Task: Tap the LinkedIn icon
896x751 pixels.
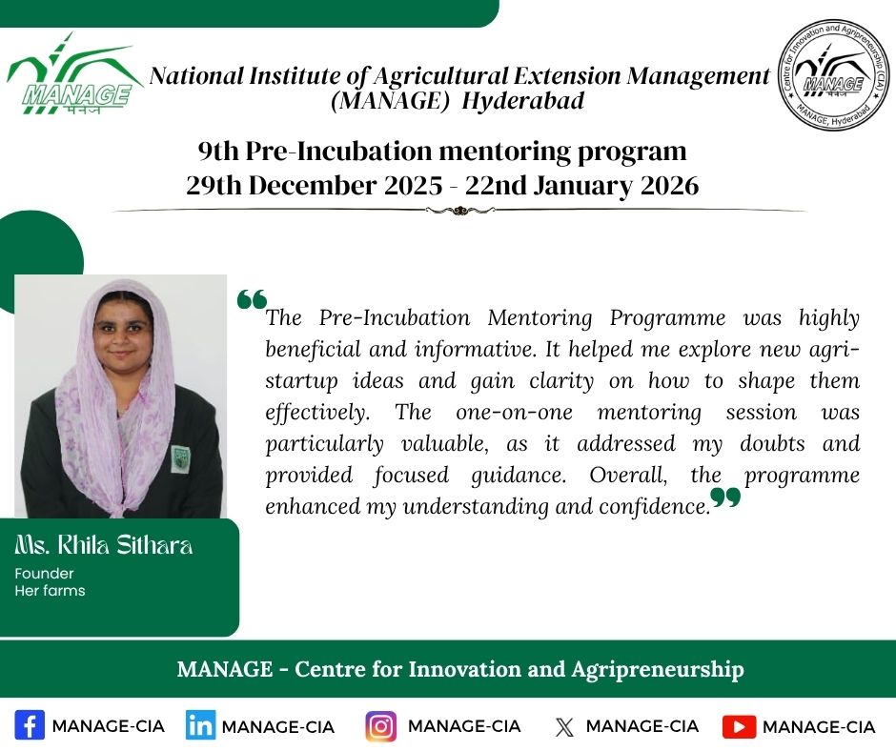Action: (x=200, y=725)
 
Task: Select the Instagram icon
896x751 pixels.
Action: (x=380, y=726)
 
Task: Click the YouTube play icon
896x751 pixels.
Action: (x=739, y=726)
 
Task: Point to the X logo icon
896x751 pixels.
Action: (x=564, y=727)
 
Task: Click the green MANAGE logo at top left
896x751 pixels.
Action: (x=73, y=73)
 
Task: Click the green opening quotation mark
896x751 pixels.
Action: (x=252, y=299)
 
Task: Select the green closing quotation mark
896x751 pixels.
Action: (x=725, y=497)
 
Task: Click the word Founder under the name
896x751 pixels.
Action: (x=44, y=573)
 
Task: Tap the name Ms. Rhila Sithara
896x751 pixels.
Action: (x=104, y=545)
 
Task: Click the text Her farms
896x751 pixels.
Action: (x=50, y=590)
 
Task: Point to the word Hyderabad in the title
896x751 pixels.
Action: (x=523, y=101)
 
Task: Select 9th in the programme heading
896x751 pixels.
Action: (x=218, y=152)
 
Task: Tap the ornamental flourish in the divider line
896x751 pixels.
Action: (x=459, y=211)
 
